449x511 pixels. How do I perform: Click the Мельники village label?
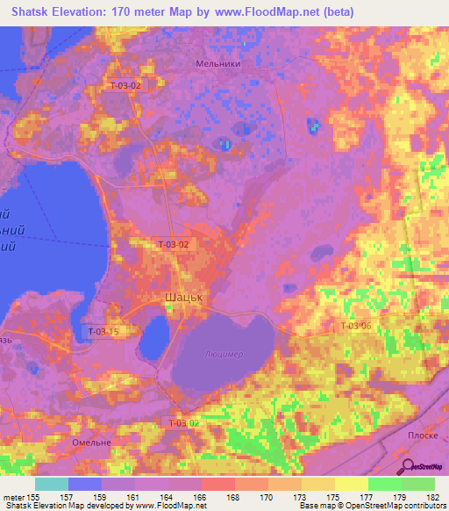pos(219,63)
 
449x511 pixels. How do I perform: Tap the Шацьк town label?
pos(184,298)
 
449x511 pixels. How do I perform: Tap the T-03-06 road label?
pos(355,326)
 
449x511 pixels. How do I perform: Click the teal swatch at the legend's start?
pos(51,484)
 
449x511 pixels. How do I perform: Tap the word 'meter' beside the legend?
pos(15,496)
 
